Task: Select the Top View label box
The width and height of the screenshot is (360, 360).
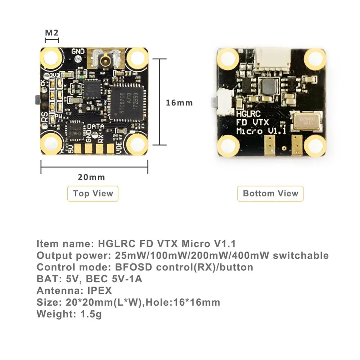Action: pyautogui.click(x=93, y=193)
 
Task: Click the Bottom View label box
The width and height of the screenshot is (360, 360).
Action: pyautogui.click(x=270, y=193)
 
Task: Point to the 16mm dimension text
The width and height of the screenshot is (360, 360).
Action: pyautogui.click(x=179, y=103)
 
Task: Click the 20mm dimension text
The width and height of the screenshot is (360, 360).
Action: pyautogui.click(x=91, y=177)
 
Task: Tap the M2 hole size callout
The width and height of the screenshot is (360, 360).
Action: pyautogui.click(x=51, y=33)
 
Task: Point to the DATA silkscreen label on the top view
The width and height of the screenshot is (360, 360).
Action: pyautogui.click(x=96, y=127)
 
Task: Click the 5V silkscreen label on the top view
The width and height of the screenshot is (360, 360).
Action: pyautogui.click(x=71, y=148)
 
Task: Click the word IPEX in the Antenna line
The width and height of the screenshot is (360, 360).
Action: pyautogui.click(x=100, y=290)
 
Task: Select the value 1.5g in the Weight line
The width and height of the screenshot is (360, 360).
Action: pyautogui.click(x=89, y=314)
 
